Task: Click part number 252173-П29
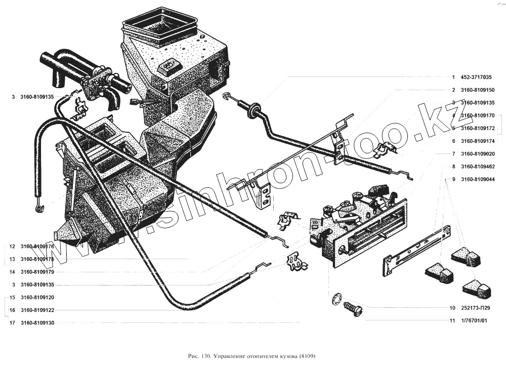pyautogui.click(x=476, y=308)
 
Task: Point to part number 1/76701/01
pyautogui.click(x=474, y=320)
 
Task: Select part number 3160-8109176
pyautogui.click(x=37, y=247)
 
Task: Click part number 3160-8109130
pyautogui.click(x=37, y=322)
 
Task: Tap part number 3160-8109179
pyautogui.click(x=37, y=272)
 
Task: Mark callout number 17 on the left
pyautogui.click(x=11, y=322)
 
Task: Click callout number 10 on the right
pyautogui.click(x=452, y=308)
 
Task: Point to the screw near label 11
pyautogui.click(x=352, y=308)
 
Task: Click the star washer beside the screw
pyautogui.click(x=335, y=300)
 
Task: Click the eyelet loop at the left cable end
pyautogui.click(x=38, y=207)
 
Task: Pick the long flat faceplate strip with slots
pyautogui.click(x=416, y=252)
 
